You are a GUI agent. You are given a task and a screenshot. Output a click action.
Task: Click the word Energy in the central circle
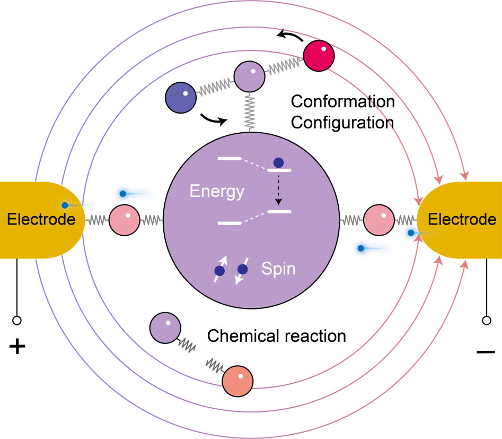[217, 192]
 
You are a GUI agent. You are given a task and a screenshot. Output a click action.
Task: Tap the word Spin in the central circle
[278, 269]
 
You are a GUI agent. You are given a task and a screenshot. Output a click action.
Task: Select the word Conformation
[343, 101]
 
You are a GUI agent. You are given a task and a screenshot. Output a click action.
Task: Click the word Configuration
[342, 123]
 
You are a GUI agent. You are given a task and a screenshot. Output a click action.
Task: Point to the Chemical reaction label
[276, 336]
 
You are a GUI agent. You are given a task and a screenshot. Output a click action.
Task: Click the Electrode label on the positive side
[40, 219]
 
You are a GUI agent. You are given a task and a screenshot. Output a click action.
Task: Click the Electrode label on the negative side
[462, 219]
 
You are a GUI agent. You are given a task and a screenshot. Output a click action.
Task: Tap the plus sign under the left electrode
[17, 347]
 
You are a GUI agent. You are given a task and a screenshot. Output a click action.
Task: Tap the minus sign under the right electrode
[485, 351]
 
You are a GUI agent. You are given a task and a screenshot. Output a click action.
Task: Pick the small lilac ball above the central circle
[250, 75]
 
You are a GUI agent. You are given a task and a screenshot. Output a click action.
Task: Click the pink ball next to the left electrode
[124, 220]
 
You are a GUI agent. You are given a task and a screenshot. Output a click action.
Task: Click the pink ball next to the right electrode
[379, 220]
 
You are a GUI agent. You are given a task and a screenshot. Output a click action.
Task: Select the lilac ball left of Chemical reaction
[165, 327]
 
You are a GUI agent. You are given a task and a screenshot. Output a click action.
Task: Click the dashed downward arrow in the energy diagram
[278, 193]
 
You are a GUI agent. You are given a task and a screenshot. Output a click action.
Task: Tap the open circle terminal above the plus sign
[17, 321]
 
